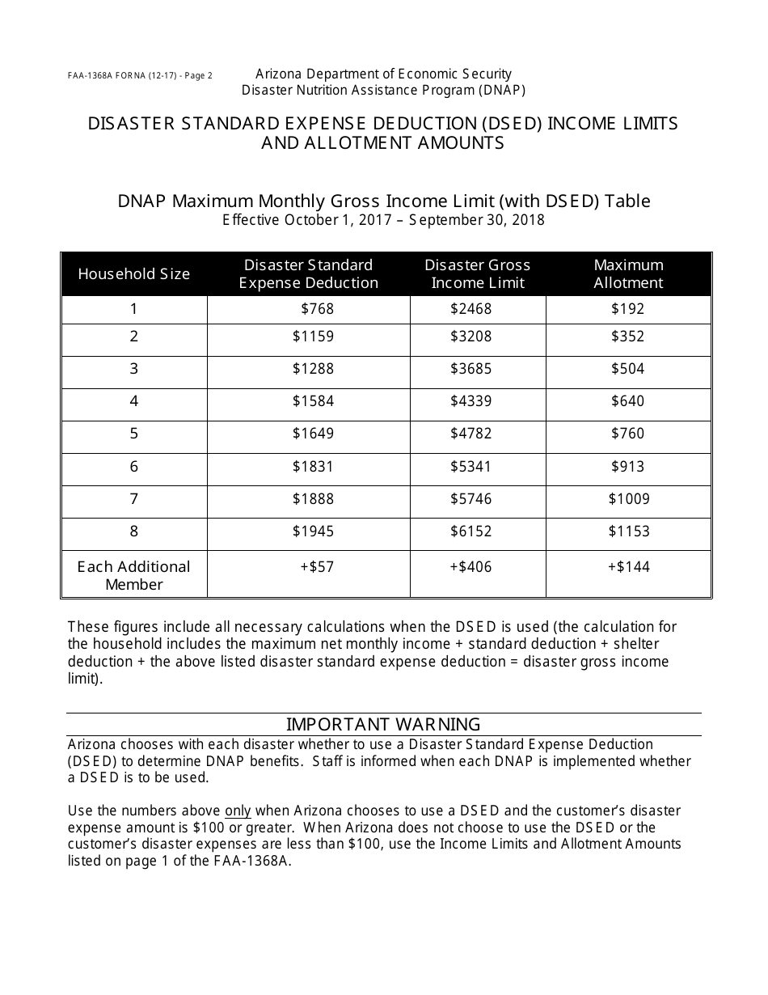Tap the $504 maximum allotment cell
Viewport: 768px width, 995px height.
628,369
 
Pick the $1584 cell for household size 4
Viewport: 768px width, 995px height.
313,401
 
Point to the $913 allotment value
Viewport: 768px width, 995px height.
628,466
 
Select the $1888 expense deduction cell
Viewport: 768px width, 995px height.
313,499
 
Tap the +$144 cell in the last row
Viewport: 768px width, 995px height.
628,567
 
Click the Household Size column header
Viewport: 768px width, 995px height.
134,274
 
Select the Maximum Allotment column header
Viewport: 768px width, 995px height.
628,274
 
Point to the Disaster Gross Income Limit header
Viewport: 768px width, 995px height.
478,274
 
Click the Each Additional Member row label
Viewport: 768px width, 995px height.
134,575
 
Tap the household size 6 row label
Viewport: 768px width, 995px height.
134,466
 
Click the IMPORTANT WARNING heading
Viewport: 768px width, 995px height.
383,724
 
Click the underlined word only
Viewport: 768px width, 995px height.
238,811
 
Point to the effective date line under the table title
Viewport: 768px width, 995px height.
383,220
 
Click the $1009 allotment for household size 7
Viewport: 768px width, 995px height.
628,499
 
